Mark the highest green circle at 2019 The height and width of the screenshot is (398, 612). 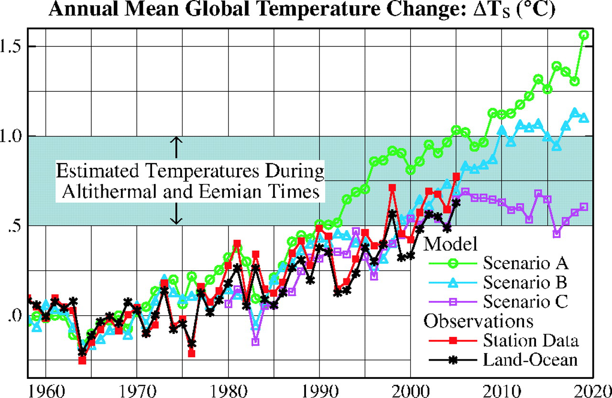(x=584, y=35)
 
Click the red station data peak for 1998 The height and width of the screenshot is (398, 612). (x=393, y=188)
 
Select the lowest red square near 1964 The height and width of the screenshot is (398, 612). (x=82, y=360)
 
